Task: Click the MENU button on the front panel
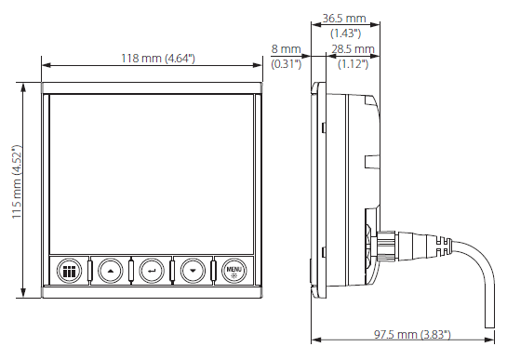[234, 271]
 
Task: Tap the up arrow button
[111, 271]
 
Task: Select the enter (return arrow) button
[152, 271]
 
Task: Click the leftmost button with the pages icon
[69, 271]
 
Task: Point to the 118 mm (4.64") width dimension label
[158, 59]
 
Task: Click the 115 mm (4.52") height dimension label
[17, 181]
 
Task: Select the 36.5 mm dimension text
[344, 18]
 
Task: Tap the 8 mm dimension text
[286, 49]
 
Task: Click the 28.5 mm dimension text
[353, 49]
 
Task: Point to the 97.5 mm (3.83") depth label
[412, 335]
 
